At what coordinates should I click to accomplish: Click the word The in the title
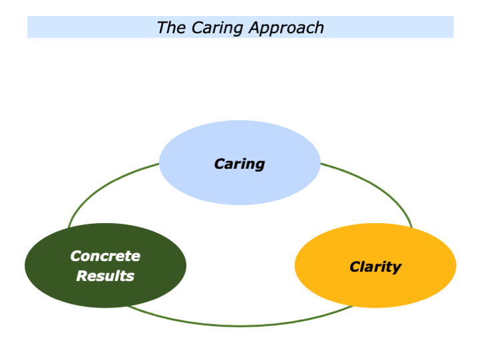[168, 27]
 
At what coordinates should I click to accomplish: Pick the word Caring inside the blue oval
[239, 164]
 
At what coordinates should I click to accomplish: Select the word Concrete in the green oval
[106, 256]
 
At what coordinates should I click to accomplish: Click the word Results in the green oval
[106, 276]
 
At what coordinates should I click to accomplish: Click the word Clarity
[375, 267]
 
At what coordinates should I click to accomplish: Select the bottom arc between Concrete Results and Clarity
[240, 326]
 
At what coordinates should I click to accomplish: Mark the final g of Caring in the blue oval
[260, 165]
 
